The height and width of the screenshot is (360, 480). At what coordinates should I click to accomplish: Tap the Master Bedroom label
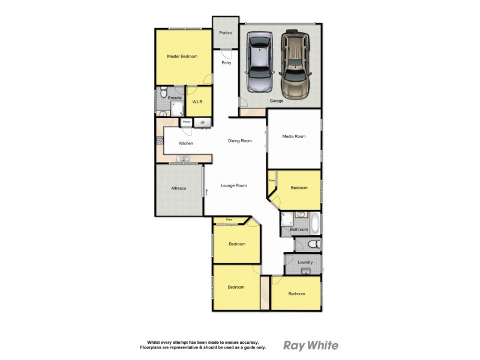[182, 56]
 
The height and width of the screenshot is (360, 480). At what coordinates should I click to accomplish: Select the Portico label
[226, 32]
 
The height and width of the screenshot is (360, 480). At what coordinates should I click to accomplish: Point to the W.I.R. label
[198, 103]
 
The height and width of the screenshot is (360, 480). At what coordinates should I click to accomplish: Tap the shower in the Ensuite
[178, 109]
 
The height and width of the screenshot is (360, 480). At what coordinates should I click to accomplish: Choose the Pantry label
[187, 122]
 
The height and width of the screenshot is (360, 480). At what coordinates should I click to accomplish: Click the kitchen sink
[184, 159]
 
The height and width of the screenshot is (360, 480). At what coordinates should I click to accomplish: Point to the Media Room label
[294, 137]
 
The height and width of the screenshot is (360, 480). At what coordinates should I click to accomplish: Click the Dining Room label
[239, 141]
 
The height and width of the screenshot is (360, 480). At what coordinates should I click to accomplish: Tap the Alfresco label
[179, 189]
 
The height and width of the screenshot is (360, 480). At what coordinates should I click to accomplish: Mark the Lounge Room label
[234, 186]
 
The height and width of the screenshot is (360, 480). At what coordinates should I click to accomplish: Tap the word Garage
[277, 101]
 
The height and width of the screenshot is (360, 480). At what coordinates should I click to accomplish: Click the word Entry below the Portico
[226, 63]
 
